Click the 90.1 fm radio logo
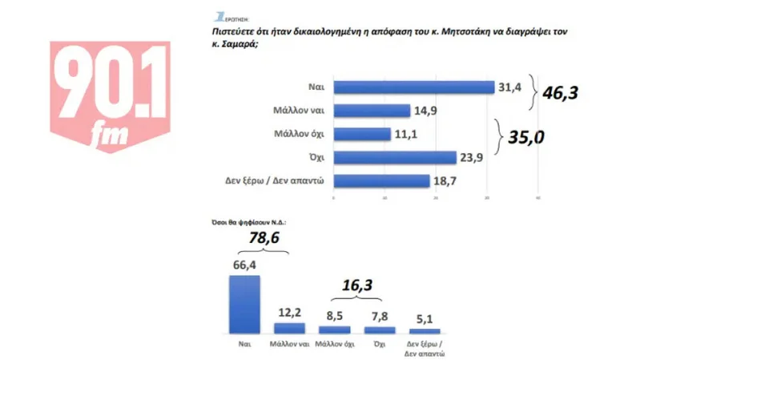pyautogui.click(x=111, y=95)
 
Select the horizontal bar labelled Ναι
pyautogui.click(x=413, y=87)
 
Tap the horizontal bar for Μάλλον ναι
pyautogui.click(x=372, y=111)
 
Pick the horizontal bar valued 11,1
pyautogui.click(x=362, y=134)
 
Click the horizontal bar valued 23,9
pyautogui.click(x=394, y=157)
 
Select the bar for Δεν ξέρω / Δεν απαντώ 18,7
pyautogui.click(x=381, y=180)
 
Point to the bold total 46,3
pyautogui.click(x=560, y=92)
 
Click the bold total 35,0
pyautogui.click(x=526, y=137)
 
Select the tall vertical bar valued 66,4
pyautogui.click(x=244, y=305)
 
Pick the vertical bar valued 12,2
pyautogui.click(x=289, y=327)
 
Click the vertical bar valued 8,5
pyautogui.click(x=334, y=329)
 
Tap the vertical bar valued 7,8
pyautogui.click(x=380, y=329)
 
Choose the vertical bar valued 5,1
pyautogui.click(x=425, y=330)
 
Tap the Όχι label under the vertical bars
pyautogui.click(x=380, y=343)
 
